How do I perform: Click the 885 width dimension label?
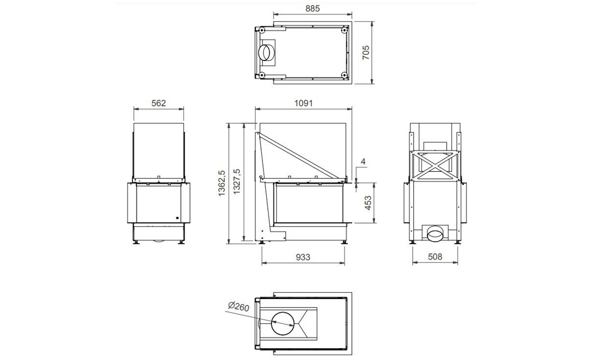pyautogui.click(x=305, y=9)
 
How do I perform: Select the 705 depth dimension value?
pyautogui.click(x=366, y=51)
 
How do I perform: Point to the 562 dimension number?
pyautogui.click(x=159, y=103)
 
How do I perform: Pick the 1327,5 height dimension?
pyautogui.click(x=236, y=183)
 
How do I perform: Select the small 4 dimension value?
pyautogui.click(x=363, y=163)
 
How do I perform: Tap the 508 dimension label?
pyautogui.click(x=436, y=257)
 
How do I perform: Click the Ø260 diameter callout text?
pyautogui.click(x=239, y=306)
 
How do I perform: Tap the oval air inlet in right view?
pyautogui.click(x=436, y=234)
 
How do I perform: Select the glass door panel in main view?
pyautogui.click(x=308, y=202)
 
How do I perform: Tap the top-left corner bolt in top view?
pyautogui.click(x=262, y=29)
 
